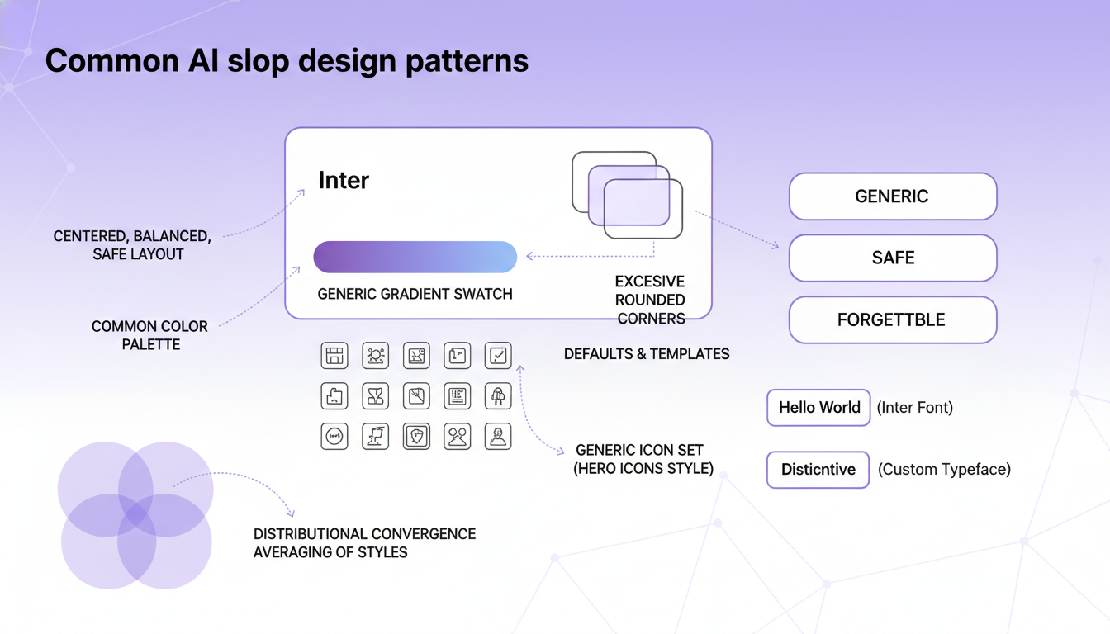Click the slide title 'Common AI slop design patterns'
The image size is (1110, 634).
pos(287,61)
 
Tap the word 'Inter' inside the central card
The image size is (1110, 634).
pos(344,181)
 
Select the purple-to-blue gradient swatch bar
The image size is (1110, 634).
pos(415,257)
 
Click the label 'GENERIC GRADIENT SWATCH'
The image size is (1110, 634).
pos(415,294)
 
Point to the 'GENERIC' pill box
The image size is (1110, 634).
pos(892,196)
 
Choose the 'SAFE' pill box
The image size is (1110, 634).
pos(892,258)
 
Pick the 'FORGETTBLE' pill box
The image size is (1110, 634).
pos(892,319)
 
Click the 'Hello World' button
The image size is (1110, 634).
pos(818,407)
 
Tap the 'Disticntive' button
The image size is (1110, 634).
pos(818,470)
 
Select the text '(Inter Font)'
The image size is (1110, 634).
pos(915,407)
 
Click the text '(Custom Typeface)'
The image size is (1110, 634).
pos(944,470)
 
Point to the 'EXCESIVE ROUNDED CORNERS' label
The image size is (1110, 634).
pos(650,300)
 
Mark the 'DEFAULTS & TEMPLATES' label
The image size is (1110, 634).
pos(647,354)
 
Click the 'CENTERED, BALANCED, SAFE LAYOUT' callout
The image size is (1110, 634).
pos(132,245)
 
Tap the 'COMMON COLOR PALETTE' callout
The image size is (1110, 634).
pos(149,335)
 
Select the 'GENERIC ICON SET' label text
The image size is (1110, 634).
pos(640,451)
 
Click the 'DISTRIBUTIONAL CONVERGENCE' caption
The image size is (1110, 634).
pos(364,534)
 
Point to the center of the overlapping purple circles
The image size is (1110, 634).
pos(136,515)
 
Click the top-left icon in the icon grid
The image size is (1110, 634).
pos(334,356)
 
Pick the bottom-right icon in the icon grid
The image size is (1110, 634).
pos(497,436)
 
